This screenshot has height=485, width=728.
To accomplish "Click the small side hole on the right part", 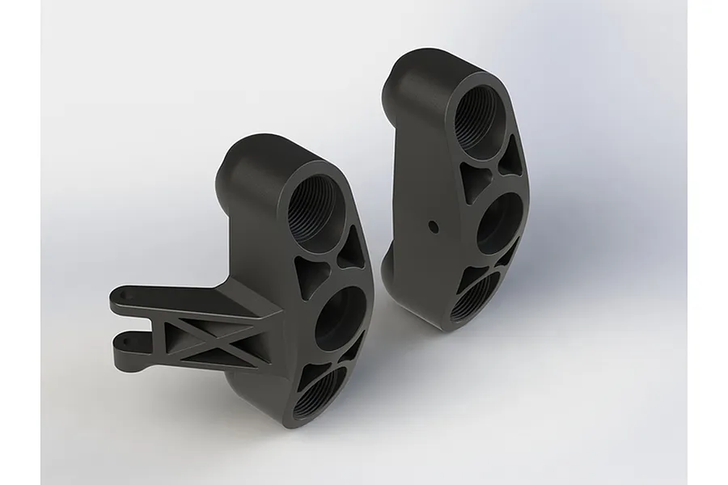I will tap(434, 226).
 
